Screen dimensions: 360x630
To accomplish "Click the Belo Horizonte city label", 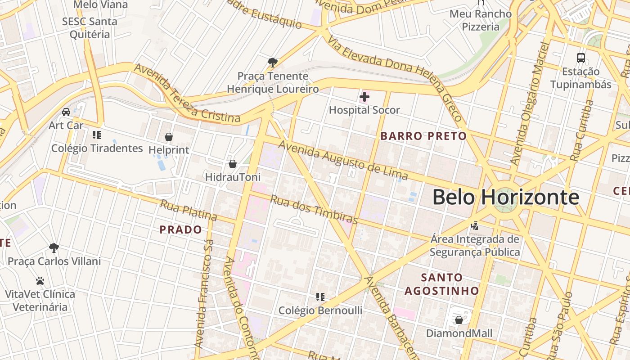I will click(506, 197).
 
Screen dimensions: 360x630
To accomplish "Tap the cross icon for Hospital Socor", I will click(364, 96).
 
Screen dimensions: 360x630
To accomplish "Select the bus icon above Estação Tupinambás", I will click(581, 58).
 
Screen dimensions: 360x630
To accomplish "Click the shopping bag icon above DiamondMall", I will click(459, 320).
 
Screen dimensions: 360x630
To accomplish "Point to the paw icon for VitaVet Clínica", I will click(40, 281).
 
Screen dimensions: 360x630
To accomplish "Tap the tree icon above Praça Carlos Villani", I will click(54, 247).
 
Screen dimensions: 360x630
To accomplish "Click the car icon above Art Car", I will click(66, 112).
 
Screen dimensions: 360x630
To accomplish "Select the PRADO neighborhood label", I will click(181, 230).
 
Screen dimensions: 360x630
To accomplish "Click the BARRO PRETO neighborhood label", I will click(423, 136).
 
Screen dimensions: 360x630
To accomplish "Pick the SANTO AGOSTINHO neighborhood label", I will click(441, 284).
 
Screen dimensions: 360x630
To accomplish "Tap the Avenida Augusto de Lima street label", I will click(343, 161).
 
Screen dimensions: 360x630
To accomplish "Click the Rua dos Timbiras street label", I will click(314, 210).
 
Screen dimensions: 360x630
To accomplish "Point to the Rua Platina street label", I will click(189, 210).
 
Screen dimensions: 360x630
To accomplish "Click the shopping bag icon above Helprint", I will click(169, 137).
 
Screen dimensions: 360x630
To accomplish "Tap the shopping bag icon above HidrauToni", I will click(233, 164).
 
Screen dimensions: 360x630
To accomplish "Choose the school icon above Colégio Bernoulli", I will click(320, 297).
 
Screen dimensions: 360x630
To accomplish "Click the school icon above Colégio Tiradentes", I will click(96, 135).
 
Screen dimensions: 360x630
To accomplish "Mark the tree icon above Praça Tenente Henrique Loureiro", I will click(272, 62).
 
